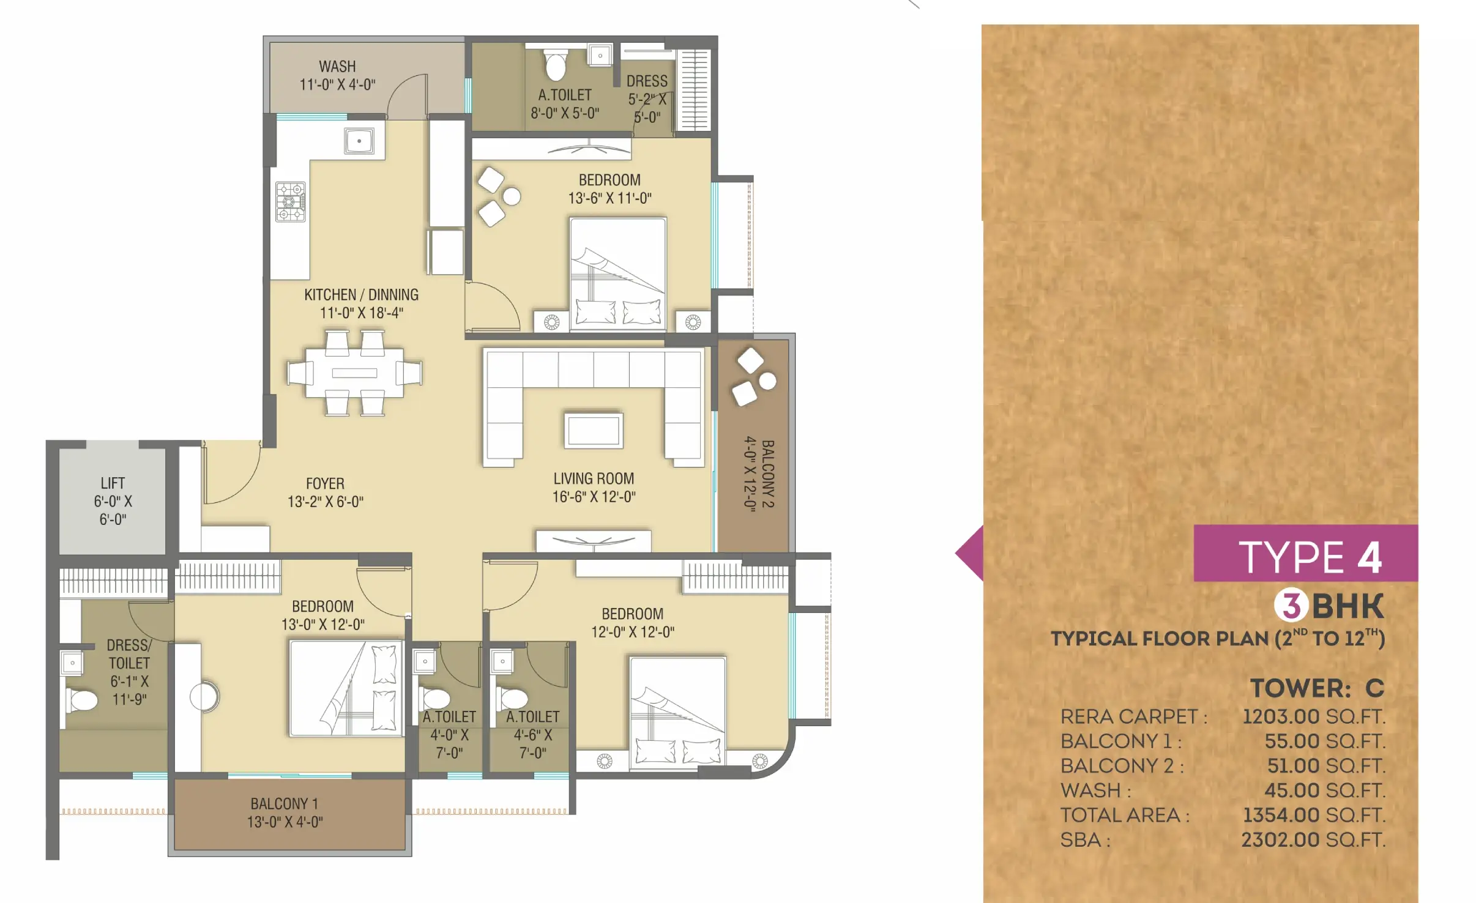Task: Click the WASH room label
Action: [x=337, y=66]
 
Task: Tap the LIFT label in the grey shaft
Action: [x=113, y=483]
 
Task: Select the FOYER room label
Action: [x=325, y=483]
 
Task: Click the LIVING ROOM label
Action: [x=594, y=478]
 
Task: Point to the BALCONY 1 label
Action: [x=284, y=803]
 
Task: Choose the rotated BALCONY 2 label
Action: [x=768, y=474]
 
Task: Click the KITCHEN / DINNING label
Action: [x=361, y=295]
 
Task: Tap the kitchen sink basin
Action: [x=359, y=141]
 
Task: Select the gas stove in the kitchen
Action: [x=290, y=201]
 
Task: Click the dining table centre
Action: [x=354, y=373]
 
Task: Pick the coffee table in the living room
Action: [x=594, y=431]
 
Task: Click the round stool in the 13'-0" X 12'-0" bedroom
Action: [x=204, y=696]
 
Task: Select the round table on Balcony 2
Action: [x=767, y=381]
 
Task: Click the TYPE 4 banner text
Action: [x=1310, y=557]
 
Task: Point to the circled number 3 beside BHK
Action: [x=1291, y=606]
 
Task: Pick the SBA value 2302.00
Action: [x=1280, y=840]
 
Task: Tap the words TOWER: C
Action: [x=1317, y=688]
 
